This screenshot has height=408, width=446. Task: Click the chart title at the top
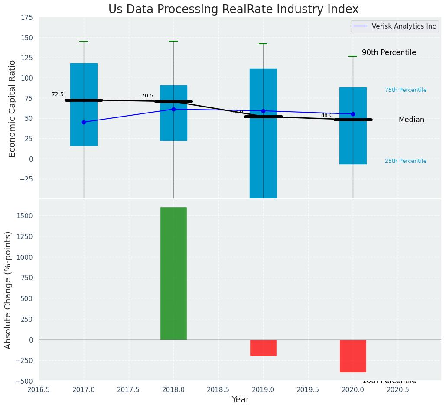pos(233,10)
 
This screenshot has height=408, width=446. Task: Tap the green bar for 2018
pos(173,273)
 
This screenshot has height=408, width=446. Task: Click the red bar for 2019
pos(263,348)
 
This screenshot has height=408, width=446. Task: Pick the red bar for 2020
pos(353,356)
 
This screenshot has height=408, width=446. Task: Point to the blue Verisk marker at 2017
pos(84,122)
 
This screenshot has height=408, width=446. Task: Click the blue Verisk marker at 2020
pos(353,114)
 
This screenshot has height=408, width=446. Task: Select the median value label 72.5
pos(58,94)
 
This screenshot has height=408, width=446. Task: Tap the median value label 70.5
pos(147,96)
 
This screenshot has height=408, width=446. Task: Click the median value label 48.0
pos(327,115)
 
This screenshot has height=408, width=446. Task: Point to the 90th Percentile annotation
pos(389,52)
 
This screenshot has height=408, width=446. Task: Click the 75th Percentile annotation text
pos(406,90)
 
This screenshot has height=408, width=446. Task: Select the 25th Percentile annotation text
pos(406,161)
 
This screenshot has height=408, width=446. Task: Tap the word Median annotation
pos(411,120)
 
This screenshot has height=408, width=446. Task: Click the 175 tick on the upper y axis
pos(26,17)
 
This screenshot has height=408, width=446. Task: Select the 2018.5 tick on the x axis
pos(218,390)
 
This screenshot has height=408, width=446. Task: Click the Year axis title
pos(240,400)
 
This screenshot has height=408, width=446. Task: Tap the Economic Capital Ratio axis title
pos(13,108)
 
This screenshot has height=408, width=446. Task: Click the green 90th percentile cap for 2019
pos(263,44)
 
